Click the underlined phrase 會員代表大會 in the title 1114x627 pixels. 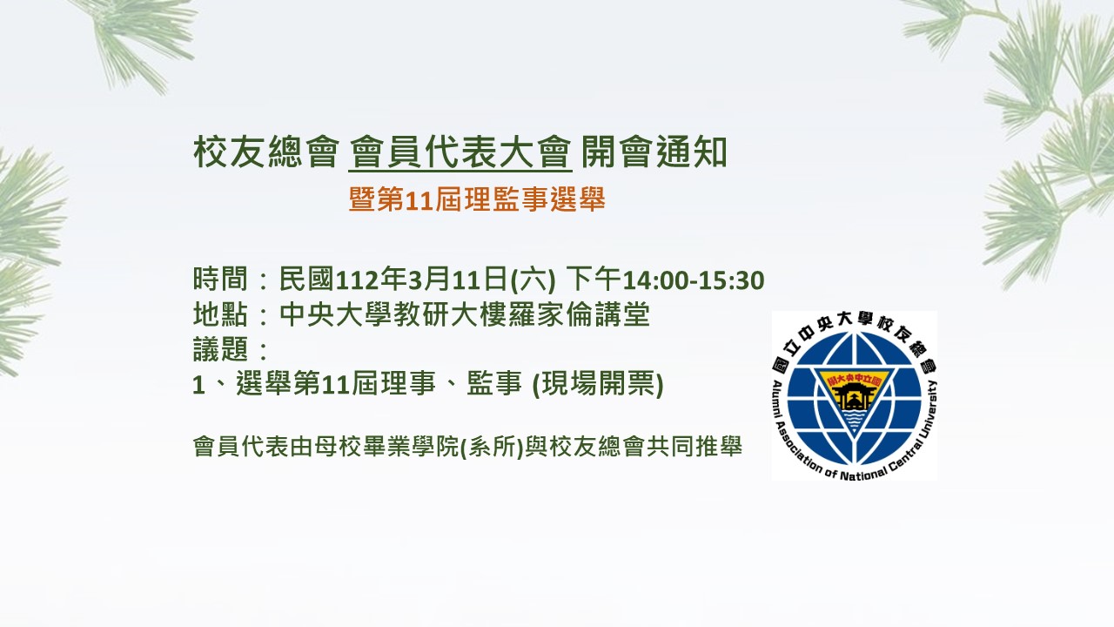tap(460, 152)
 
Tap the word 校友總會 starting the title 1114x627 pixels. tap(266, 152)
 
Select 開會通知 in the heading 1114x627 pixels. tap(654, 152)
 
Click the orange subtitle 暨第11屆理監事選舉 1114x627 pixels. tap(477, 200)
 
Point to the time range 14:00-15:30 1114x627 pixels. tap(694, 280)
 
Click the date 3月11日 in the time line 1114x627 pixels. tap(458, 280)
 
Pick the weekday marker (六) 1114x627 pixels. tap(534, 280)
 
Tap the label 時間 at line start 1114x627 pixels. tap(220, 280)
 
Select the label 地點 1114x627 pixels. tap(220, 314)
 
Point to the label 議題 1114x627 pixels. tap(220, 349)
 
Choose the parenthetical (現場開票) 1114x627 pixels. tap(598, 384)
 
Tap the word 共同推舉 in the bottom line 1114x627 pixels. tap(694, 447)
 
